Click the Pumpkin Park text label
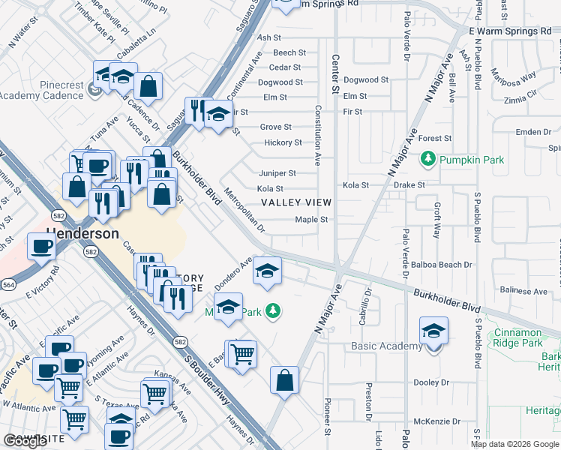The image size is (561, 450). (x=472, y=160)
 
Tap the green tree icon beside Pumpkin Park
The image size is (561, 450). (x=428, y=159)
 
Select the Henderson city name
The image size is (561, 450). (x=82, y=233)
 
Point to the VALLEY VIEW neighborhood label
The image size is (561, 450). (x=295, y=203)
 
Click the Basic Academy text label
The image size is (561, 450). (x=386, y=346)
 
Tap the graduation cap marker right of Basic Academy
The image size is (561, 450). (x=434, y=331)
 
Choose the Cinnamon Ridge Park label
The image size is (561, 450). (x=524, y=337)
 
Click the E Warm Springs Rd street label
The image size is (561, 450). (x=509, y=31)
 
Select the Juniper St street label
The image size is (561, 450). (x=277, y=173)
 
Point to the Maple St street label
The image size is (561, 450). (x=312, y=220)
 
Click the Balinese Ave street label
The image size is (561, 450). (x=524, y=291)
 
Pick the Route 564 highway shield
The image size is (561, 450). (x=9, y=284)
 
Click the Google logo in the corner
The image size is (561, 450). (x=25, y=441)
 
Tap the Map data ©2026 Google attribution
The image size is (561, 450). (x=514, y=444)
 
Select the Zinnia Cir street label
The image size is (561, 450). (x=521, y=98)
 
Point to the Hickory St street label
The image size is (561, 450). (x=283, y=142)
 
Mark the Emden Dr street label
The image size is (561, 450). (x=533, y=132)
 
